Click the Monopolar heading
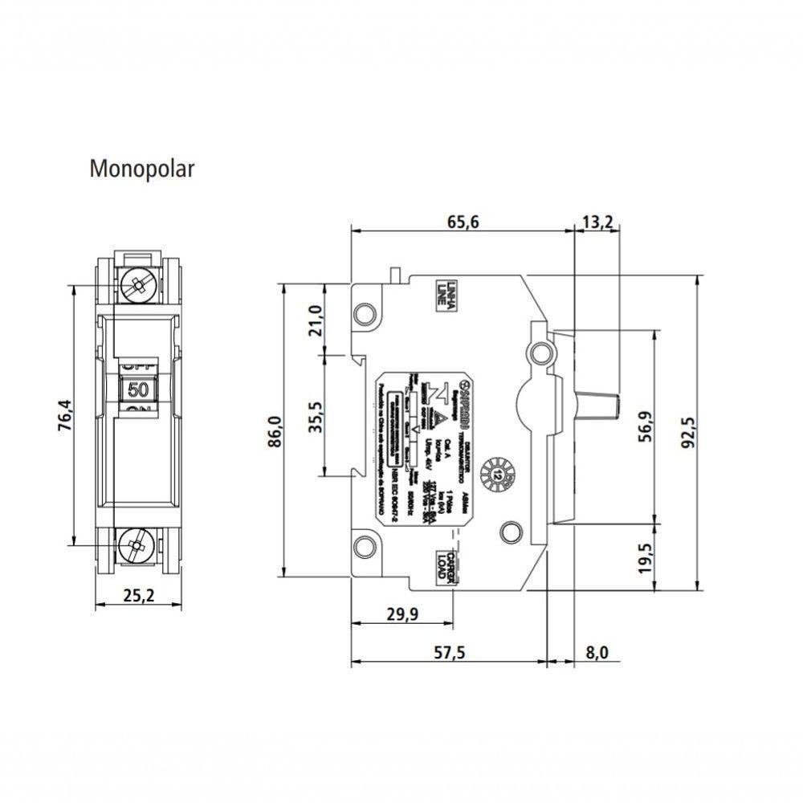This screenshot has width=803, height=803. pos(141,169)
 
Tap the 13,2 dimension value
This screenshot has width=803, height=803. pos(597,222)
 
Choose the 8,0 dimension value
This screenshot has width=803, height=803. pos(597,653)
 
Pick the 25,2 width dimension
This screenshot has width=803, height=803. pos(139,595)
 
